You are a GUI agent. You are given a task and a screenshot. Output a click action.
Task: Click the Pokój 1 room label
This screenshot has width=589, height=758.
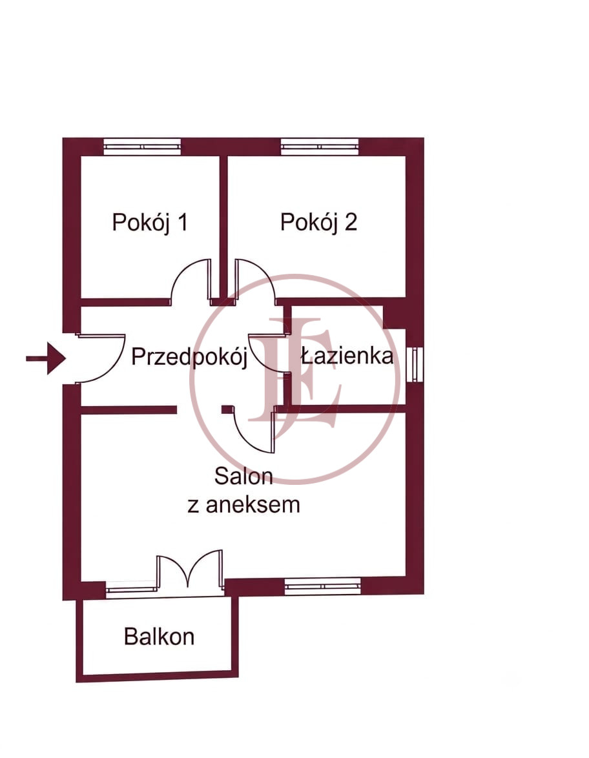(149, 222)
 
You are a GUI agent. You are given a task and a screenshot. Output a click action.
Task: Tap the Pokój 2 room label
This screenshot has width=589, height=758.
(318, 222)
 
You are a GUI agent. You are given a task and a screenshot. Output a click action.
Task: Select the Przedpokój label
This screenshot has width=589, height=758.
(189, 357)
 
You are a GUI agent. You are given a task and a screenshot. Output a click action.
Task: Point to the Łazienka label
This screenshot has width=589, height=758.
(347, 356)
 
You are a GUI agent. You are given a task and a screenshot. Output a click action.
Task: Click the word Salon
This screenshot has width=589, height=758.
(243, 476)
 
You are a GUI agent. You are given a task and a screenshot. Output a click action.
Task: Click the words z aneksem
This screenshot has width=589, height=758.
(243, 505)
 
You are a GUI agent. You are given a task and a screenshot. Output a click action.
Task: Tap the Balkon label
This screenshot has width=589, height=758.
(159, 637)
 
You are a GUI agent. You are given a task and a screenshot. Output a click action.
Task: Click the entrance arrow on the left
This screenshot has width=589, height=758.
(46, 358)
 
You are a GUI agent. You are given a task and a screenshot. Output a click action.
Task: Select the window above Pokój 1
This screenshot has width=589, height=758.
(142, 147)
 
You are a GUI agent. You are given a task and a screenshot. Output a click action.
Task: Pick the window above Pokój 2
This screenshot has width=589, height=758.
(320, 147)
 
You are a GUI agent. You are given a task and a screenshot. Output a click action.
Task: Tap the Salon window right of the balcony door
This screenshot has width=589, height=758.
(322, 586)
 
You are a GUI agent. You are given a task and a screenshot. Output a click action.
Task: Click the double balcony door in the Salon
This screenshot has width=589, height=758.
(190, 570)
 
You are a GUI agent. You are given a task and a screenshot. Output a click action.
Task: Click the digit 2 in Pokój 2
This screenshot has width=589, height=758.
(351, 222)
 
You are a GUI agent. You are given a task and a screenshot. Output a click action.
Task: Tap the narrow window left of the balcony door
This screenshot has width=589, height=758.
(132, 588)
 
